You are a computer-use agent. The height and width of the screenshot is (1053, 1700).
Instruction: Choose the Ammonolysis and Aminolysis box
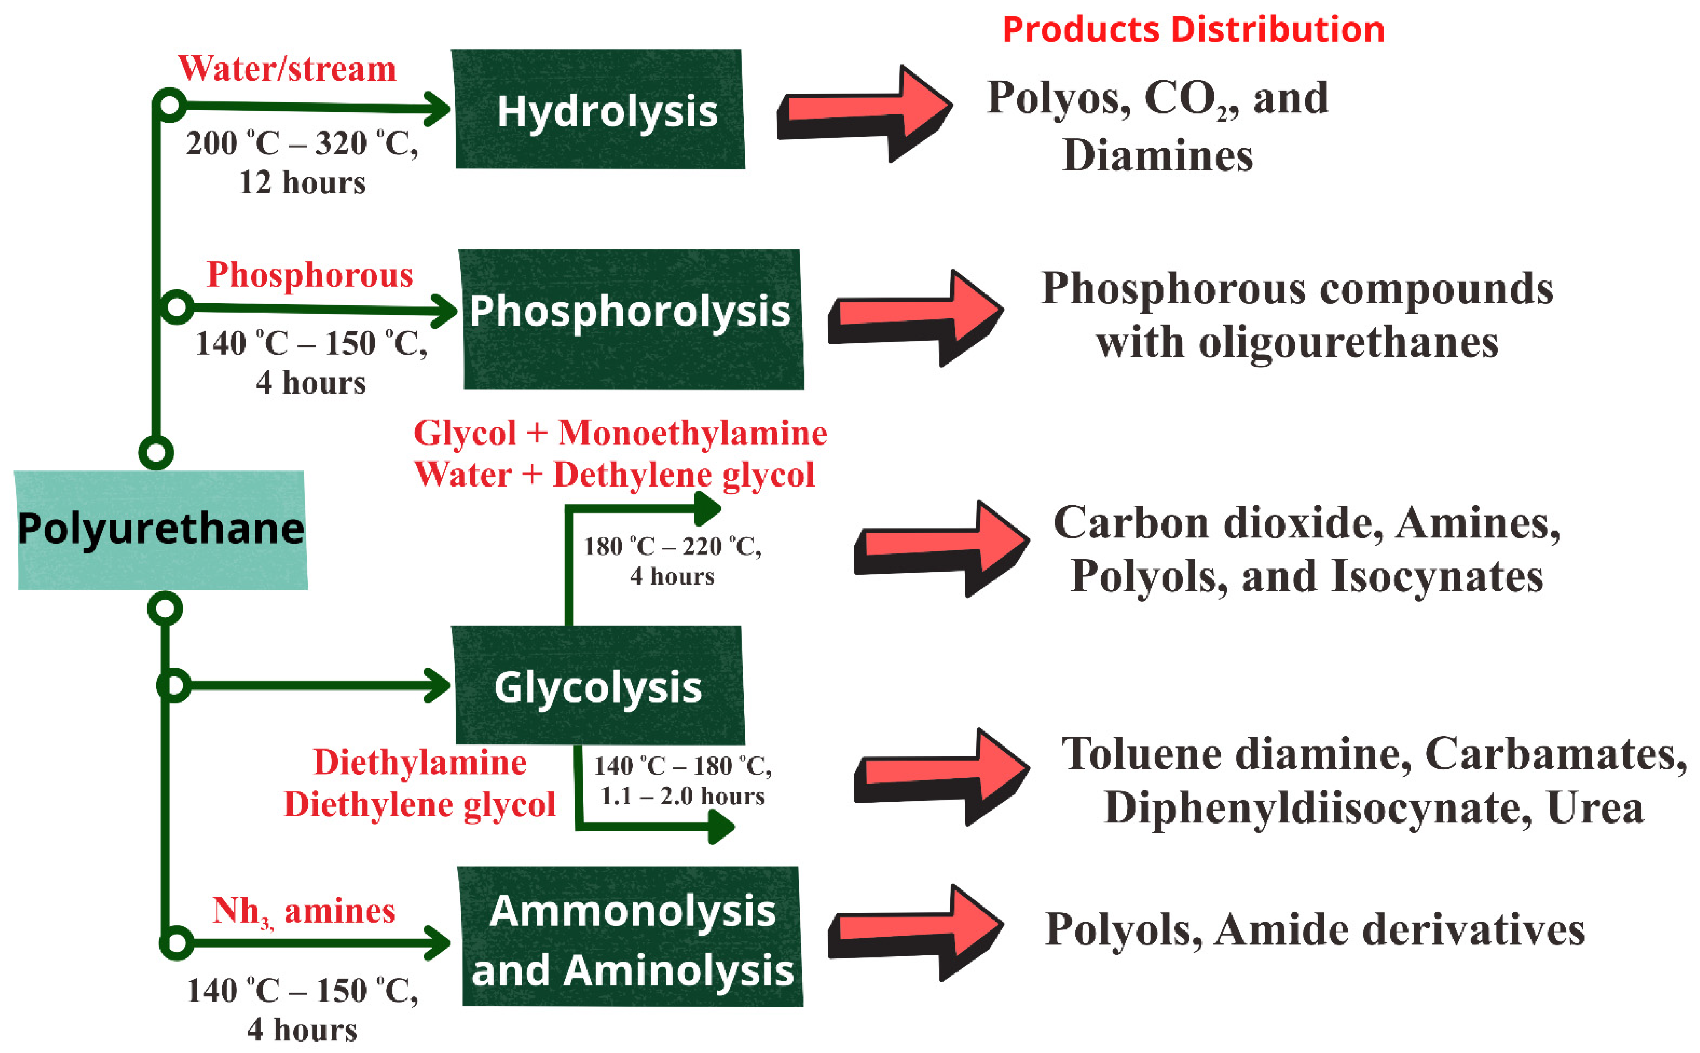(632, 937)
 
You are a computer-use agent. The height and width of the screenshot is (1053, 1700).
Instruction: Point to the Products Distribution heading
(1193, 30)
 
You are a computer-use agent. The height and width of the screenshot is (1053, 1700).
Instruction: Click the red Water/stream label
(287, 69)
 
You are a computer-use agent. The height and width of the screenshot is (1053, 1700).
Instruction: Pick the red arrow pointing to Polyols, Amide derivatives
(915, 933)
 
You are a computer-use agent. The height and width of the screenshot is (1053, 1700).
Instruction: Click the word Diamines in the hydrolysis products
(1157, 155)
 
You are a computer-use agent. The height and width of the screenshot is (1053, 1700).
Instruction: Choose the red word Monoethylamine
(693, 433)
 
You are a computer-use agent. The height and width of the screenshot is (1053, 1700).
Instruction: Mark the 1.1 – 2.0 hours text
(682, 796)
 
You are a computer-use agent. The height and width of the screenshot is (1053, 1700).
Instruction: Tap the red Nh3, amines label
(304, 911)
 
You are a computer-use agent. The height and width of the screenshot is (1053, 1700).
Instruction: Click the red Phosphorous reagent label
(310, 275)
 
